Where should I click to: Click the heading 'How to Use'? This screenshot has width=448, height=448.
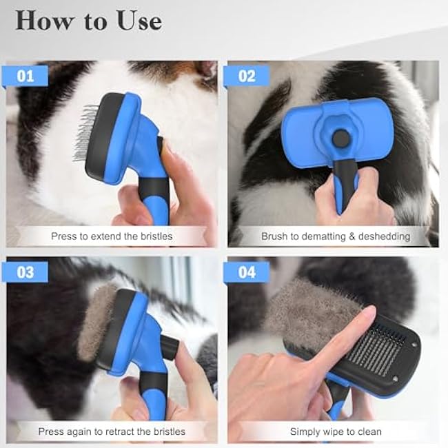pos(89,21)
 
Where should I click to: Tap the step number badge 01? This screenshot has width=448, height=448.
pos(26,75)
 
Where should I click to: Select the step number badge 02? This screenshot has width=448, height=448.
pos(246,75)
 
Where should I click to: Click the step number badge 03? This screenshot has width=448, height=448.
pos(26,272)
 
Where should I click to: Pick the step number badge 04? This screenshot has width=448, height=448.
pos(246,272)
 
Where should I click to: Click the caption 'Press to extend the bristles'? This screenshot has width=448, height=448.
pos(112,236)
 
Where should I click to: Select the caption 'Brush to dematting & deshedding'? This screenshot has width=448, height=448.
pos(335,236)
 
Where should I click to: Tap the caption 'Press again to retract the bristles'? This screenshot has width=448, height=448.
pos(112,431)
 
